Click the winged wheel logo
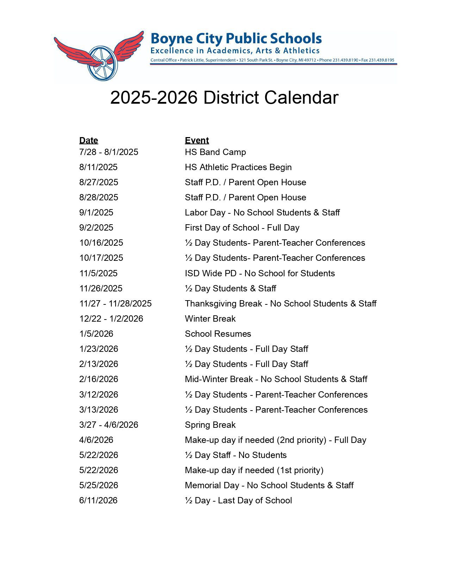pyautogui.click(x=99, y=56)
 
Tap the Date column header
pyautogui.click(x=88, y=140)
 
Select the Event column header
pyautogui.click(x=197, y=140)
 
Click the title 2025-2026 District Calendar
pyautogui.click(x=224, y=97)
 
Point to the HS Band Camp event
pyautogui.click(x=215, y=152)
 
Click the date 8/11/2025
pyautogui.click(x=98, y=167)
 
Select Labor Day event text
pyautogui.click(x=262, y=213)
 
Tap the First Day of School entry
pyautogui.click(x=242, y=228)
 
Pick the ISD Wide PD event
pyautogui.click(x=260, y=273)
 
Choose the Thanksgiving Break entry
pyautogui.click(x=280, y=304)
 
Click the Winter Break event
pyautogui.click(x=210, y=319)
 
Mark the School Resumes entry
pyautogui.click(x=218, y=334)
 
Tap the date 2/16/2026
pyautogui.click(x=99, y=379)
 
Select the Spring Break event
pyautogui.click(x=210, y=425)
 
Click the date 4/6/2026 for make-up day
pyautogui.click(x=96, y=440)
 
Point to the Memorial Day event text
pyautogui.click(x=269, y=485)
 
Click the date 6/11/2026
pyautogui.click(x=98, y=501)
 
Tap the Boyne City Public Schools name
pyautogui.click(x=236, y=38)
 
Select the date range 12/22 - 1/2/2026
pyautogui.click(x=111, y=319)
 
